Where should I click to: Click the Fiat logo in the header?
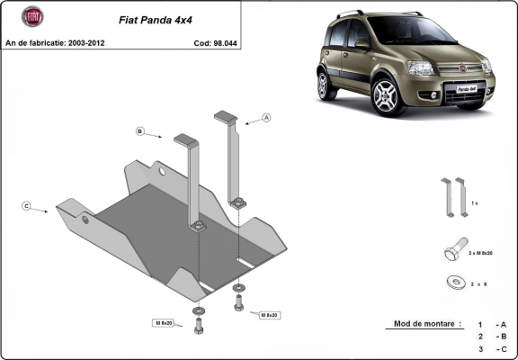point(31,16)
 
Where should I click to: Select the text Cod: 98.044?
point(215,42)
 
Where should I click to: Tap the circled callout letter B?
point(141,131)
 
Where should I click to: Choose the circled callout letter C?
point(27,206)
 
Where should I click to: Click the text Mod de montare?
point(427,323)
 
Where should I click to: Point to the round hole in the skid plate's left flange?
point(85,219)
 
